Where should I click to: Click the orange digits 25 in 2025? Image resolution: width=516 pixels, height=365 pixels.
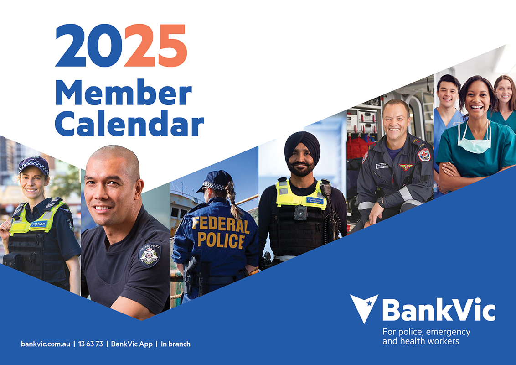tap(155, 46)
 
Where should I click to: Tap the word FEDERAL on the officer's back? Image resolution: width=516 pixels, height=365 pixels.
tap(220, 225)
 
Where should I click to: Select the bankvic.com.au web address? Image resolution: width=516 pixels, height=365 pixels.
tap(46, 344)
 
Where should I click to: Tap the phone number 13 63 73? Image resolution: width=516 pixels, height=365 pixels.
tap(91, 344)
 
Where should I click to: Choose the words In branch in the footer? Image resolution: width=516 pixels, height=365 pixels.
tap(175, 344)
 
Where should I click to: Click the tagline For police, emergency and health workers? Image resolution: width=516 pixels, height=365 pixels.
tap(426, 336)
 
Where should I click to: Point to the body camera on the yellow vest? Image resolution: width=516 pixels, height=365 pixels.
tap(300, 213)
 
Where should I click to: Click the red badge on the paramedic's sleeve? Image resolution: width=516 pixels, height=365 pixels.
tap(424, 155)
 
